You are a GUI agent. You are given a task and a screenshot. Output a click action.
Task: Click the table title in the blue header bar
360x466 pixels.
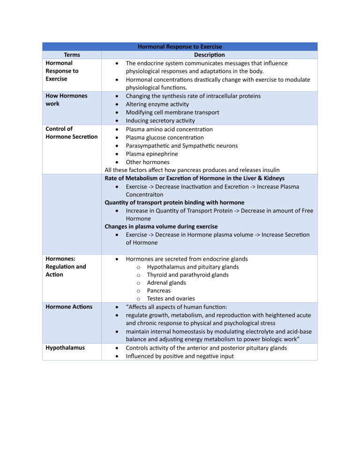(180, 46)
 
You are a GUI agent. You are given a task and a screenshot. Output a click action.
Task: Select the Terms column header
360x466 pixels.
(72, 55)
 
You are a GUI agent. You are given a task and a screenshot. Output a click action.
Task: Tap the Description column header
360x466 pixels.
(209, 55)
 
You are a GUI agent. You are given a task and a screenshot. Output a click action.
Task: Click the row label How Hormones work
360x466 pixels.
(66, 99)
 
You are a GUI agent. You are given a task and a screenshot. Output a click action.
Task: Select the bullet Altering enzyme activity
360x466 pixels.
(157, 104)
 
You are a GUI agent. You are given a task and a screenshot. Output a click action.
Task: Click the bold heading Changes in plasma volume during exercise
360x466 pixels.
(161, 226)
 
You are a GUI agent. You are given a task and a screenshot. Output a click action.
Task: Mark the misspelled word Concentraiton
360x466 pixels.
(144, 194)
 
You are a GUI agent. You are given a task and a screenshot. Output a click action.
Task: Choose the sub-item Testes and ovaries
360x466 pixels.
(171, 299)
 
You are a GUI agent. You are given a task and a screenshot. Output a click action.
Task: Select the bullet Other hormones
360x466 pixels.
(147, 162)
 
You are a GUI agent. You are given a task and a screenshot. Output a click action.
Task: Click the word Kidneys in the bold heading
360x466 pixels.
(272, 178)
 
